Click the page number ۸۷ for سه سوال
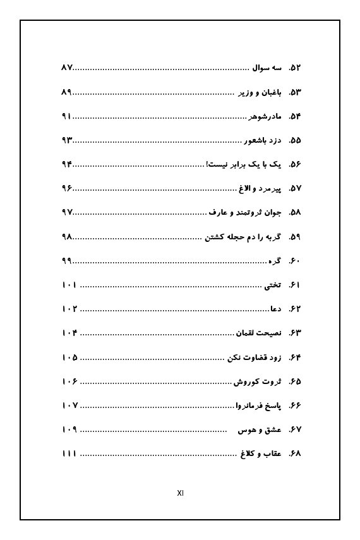coord(68,68)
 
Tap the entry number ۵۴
coord(295,117)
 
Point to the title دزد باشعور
coord(262,141)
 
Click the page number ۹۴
coord(68,165)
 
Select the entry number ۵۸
coord(295,213)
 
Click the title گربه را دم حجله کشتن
coord(243,237)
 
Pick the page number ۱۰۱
coord(69,285)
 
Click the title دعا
coord(275,309)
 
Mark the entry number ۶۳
coord(295,333)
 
